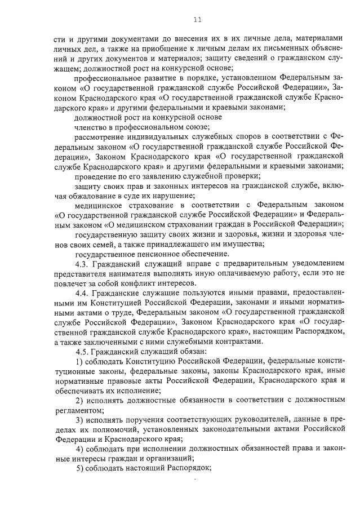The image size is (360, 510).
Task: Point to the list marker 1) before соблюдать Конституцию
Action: (79, 361)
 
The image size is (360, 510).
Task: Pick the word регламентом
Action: (79, 410)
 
